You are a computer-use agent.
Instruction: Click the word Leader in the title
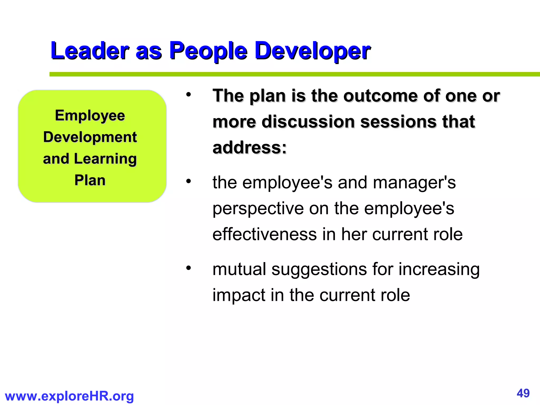click(90, 51)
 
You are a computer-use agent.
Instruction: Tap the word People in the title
click(208, 51)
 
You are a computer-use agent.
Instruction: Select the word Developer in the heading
click(313, 51)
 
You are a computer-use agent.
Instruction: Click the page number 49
click(523, 393)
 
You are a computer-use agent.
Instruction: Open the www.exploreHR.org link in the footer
click(69, 396)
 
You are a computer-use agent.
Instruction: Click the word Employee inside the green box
click(90, 115)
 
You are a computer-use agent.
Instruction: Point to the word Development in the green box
click(90, 137)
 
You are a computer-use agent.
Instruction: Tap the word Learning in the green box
click(105, 159)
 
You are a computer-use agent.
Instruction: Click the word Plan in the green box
click(90, 180)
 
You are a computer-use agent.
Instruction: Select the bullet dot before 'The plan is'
click(188, 94)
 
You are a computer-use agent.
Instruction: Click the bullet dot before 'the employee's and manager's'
click(188, 181)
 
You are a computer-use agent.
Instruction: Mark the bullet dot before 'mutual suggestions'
click(188, 268)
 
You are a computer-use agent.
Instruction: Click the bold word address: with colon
click(249, 148)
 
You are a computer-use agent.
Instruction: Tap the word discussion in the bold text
click(308, 122)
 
